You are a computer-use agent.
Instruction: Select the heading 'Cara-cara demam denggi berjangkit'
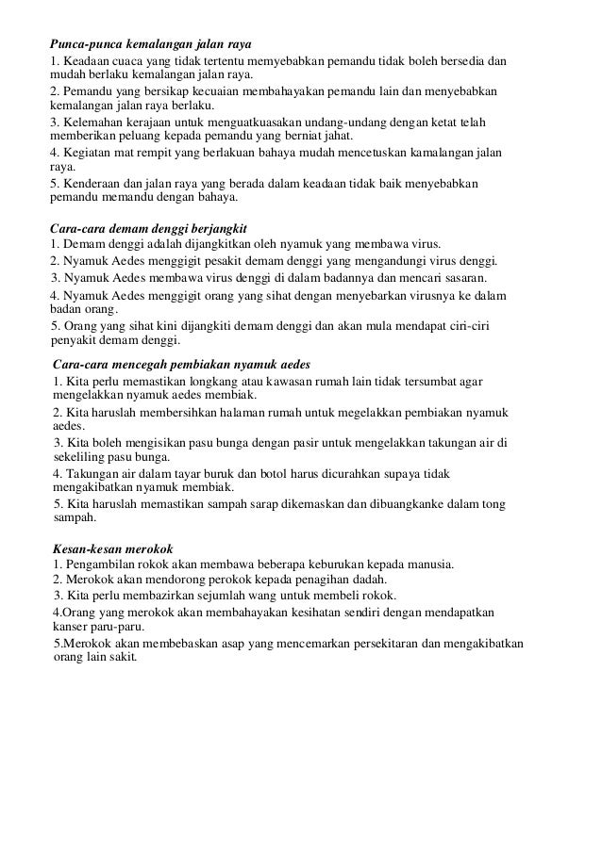(147, 228)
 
